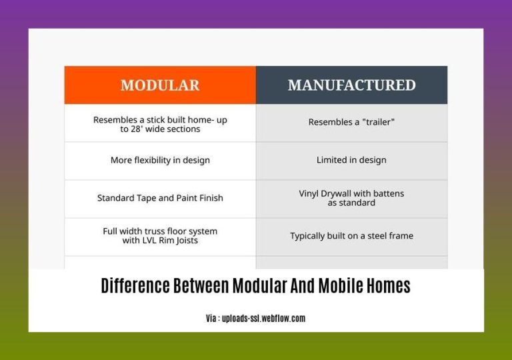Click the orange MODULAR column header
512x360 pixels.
point(160,85)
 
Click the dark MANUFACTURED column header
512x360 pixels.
point(351,85)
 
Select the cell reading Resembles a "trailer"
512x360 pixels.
point(351,122)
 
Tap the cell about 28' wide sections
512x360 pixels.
point(160,125)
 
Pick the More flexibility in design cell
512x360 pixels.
point(160,160)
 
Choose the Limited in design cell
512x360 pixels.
point(351,160)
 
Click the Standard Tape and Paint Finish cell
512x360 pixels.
point(160,198)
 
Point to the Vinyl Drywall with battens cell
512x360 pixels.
point(351,198)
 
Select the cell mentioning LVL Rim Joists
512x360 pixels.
point(160,236)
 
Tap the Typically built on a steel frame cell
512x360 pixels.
point(351,236)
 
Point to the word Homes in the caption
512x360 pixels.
point(390,286)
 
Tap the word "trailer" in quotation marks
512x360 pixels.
point(377,122)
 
